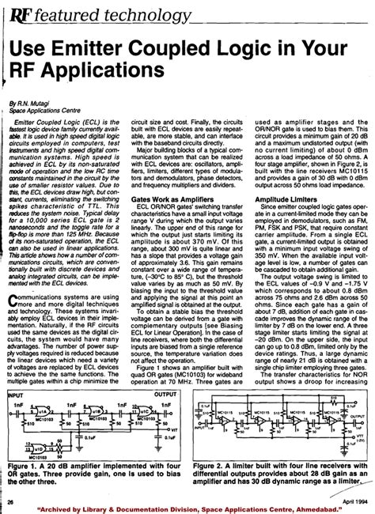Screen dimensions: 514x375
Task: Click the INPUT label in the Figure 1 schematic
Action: click(15, 370)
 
